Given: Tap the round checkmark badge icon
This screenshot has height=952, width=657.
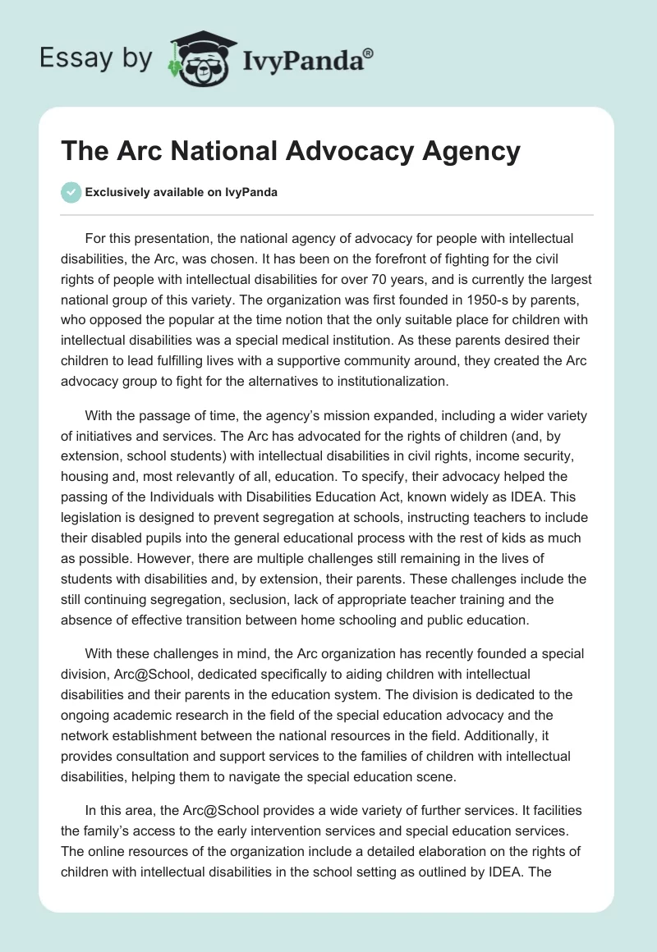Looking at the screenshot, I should coord(71,192).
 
